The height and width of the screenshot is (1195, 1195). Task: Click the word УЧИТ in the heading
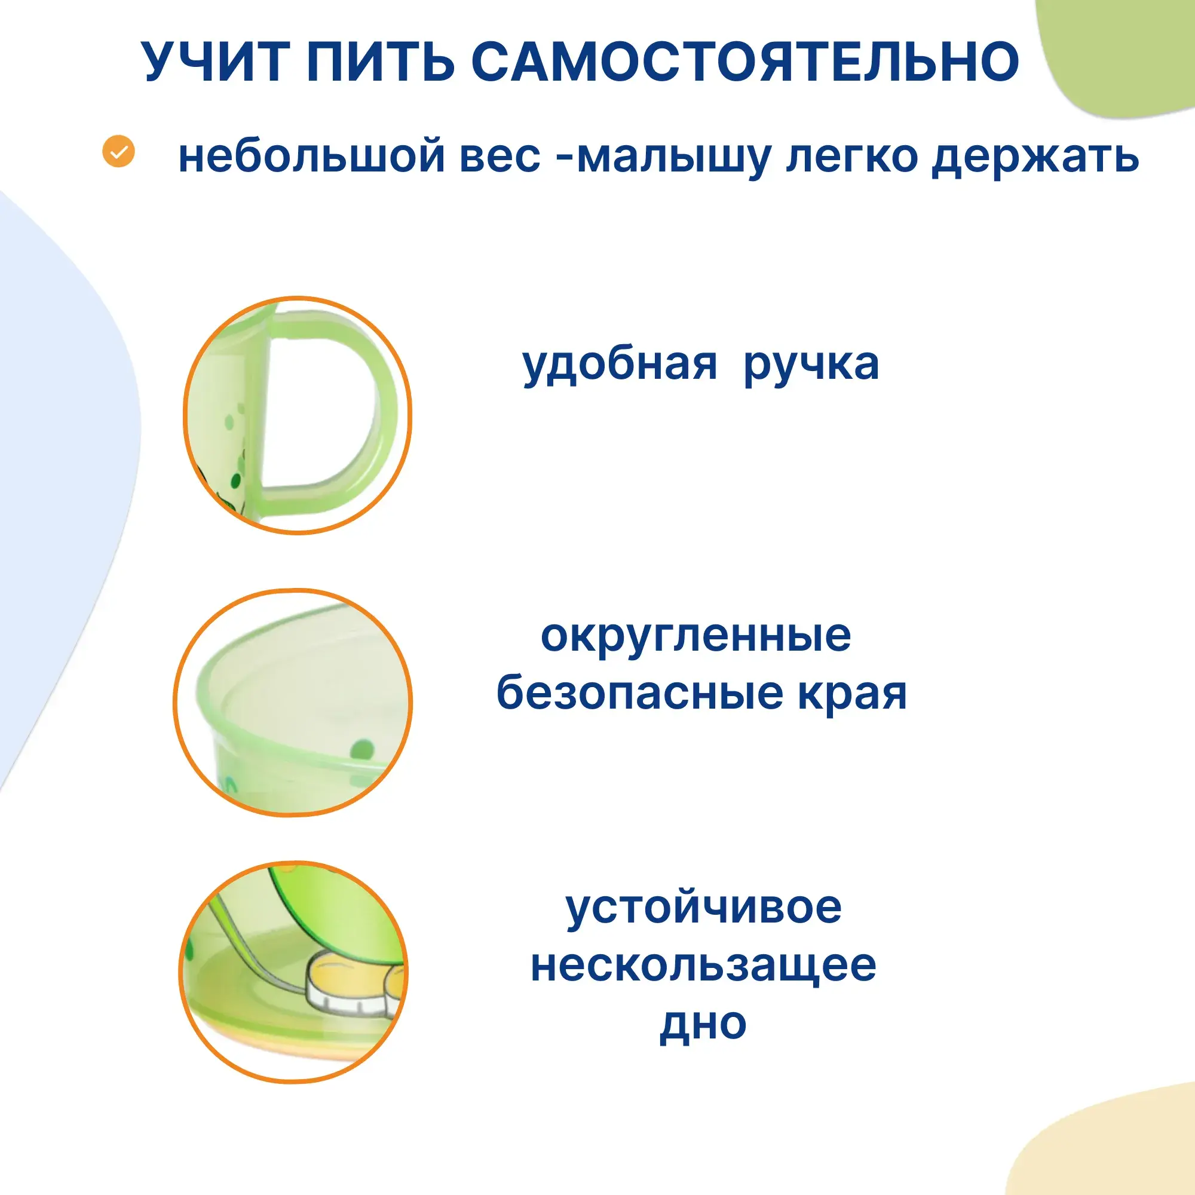click(x=215, y=62)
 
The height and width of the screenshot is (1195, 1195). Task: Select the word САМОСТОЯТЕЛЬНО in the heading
click(x=745, y=62)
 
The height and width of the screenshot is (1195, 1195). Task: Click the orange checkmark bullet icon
click(x=118, y=151)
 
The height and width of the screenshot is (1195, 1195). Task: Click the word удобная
click(x=620, y=364)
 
